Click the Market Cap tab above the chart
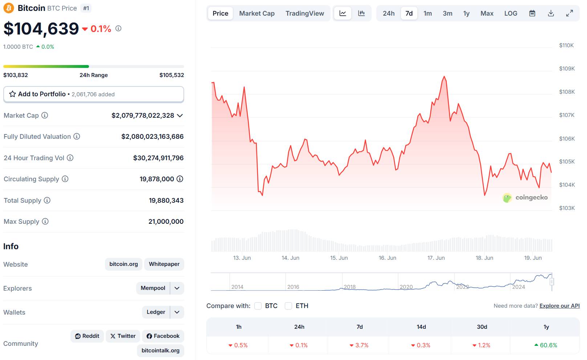[257, 13]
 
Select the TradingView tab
[304, 13]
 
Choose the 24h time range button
[388, 13]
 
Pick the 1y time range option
[466, 13]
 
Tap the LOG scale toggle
[510, 13]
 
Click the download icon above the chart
[551, 13]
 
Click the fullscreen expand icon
[570, 13]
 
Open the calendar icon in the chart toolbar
[532, 13]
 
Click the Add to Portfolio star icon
[12, 94]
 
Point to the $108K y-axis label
[567, 92]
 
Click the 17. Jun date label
[436, 258]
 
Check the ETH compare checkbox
[288, 306]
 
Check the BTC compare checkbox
[258, 306]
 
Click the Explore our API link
[559, 306]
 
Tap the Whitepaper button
[164, 264]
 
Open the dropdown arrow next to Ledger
[177, 312]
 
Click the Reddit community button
[87, 336]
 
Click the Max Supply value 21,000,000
[166, 222]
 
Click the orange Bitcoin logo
[9, 8]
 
